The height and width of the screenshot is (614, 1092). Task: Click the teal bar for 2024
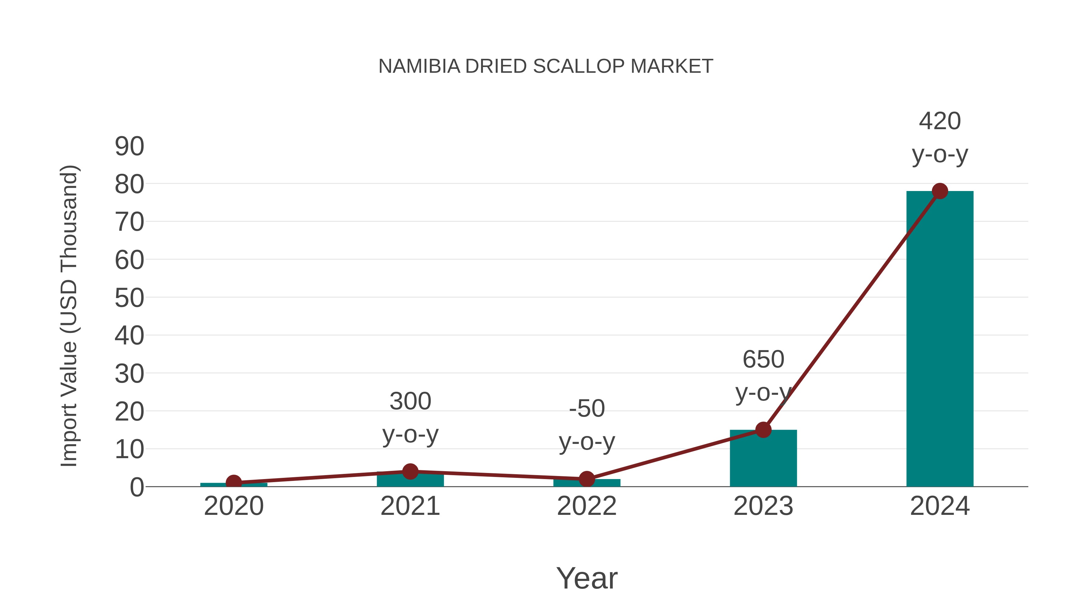point(939,339)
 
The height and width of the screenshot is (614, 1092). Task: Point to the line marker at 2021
point(410,471)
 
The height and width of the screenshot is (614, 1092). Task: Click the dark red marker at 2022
point(587,479)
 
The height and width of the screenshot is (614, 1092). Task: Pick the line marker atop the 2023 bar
point(763,430)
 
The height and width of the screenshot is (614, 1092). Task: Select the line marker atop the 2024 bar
point(940,191)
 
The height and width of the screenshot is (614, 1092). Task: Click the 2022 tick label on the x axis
point(587,506)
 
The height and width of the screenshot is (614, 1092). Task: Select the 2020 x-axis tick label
point(234,506)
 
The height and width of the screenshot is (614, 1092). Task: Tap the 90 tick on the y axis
point(129,147)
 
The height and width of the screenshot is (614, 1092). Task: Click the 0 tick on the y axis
point(136,487)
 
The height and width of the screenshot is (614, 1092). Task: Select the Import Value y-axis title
point(69,316)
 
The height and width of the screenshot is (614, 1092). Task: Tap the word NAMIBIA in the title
point(419,66)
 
